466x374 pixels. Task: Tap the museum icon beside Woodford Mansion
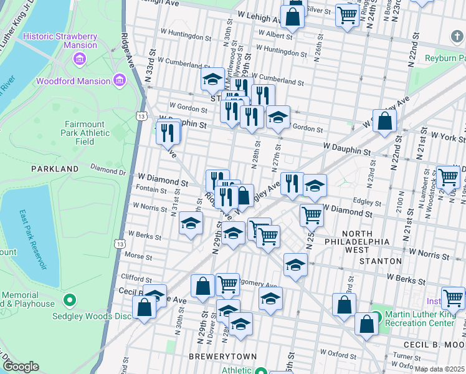point(119,80)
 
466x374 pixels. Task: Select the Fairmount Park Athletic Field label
point(85,132)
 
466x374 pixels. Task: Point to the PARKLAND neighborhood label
point(55,169)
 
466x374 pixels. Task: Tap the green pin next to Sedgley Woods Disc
point(70,300)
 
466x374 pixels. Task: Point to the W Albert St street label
point(275,34)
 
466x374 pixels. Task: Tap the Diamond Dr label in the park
point(107,168)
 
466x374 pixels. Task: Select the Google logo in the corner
point(21,367)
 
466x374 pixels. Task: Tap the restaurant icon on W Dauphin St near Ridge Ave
point(168,132)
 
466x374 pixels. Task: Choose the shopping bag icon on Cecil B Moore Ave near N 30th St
point(144,308)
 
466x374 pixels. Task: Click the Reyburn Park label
point(445,58)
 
